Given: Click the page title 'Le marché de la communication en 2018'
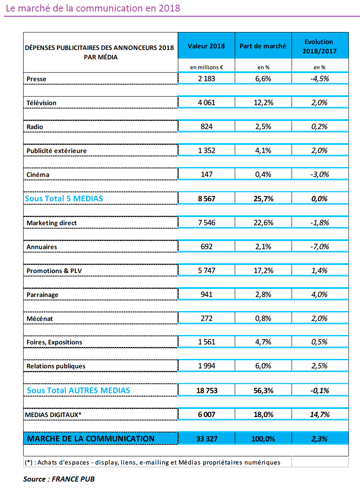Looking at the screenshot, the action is [x=93, y=8].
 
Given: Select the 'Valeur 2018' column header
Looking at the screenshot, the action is [x=206, y=46].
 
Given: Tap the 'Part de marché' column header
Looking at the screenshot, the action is [x=263, y=46].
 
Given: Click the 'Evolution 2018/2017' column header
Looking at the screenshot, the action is [x=319, y=47].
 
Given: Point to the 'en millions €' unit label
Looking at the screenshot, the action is [x=207, y=67].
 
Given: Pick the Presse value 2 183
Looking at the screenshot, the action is [x=207, y=79].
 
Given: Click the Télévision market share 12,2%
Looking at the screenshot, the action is [x=263, y=103].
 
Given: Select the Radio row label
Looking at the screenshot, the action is [x=35, y=126].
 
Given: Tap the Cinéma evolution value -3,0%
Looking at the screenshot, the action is [x=319, y=175].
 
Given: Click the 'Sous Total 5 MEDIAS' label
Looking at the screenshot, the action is [x=64, y=199].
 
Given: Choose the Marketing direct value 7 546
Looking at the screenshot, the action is [x=207, y=223].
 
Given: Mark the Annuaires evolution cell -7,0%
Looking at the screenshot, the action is [x=319, y=247].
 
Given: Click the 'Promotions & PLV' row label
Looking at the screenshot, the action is [x=54, y=271].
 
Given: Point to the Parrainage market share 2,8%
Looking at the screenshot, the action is [x=263, y=295].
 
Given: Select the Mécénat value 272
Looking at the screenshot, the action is [x=207, y=319].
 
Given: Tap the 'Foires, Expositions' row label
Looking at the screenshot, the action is [x=54, y=342].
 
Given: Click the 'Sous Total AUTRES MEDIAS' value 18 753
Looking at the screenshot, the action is [x=207, y=391].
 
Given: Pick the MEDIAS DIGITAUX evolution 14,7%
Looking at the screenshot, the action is [x=319, y=415].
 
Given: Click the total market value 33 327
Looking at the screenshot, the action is [x=207, y=439].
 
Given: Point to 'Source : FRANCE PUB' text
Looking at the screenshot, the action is [x=59, y=479].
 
